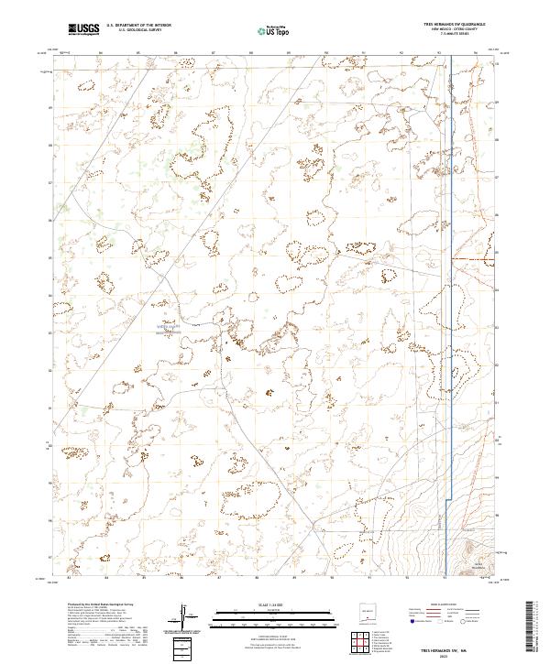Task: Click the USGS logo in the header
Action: (x=84, y=29)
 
